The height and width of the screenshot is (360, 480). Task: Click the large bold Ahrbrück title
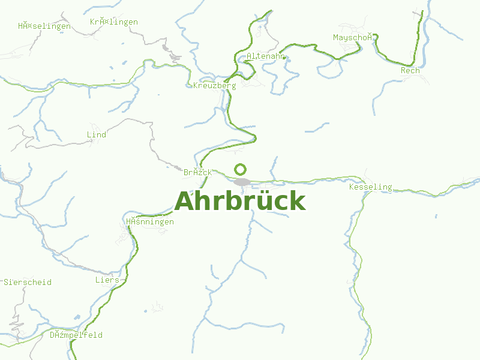(240, 202)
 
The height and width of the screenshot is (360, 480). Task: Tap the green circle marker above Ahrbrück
(240, 169)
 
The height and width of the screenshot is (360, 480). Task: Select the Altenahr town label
(264, 56)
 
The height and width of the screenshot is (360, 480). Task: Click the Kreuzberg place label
(215, 85)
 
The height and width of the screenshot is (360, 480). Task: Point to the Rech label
(410, 71)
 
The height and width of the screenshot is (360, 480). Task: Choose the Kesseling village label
(370, 187)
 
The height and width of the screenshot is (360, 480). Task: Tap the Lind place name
(97, 134)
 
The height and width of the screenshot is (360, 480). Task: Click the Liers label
(107, 280)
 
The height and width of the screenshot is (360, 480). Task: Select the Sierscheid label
(28, 282)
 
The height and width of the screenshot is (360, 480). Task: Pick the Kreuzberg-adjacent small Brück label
(197, 172)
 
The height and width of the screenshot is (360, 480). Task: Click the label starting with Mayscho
(356, 37)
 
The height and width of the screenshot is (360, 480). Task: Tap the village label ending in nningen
(150, 222)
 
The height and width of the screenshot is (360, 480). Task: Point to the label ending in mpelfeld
(76, 335)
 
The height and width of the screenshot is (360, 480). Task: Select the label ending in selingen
(44, 26)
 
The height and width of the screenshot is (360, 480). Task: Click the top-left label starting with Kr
(113, 22)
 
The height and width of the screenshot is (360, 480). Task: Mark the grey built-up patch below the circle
(242, 182)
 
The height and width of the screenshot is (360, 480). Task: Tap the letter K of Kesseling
(352, 187)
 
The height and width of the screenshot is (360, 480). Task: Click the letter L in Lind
(89, 134)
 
